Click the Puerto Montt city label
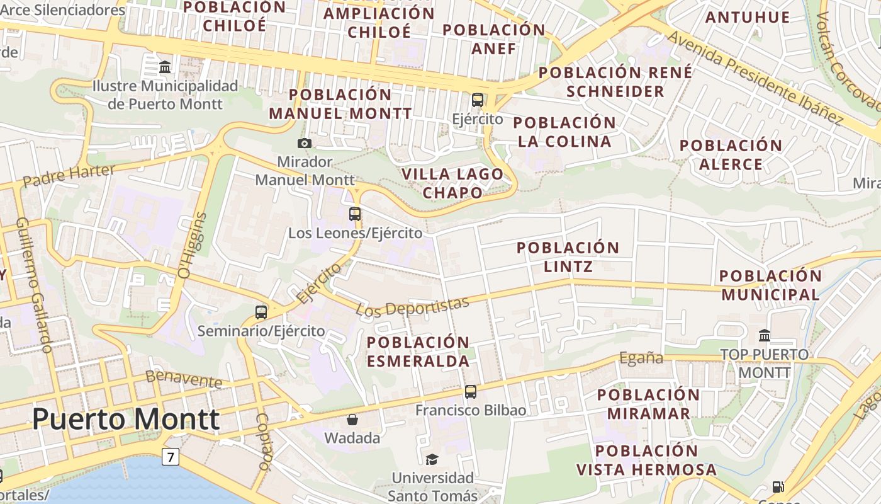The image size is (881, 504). (126, 420)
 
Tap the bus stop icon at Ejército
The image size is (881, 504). (478, 100)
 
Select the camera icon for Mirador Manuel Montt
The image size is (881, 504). (305, 143)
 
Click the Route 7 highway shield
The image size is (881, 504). (170, 456)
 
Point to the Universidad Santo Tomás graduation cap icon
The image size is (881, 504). (432, 459)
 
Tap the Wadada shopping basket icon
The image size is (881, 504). (352, 419)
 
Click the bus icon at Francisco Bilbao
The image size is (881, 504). (471, 392)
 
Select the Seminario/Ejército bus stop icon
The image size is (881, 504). (261, 312)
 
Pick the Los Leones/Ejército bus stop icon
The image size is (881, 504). (355, 214)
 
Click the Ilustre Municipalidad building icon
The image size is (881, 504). (165, 66)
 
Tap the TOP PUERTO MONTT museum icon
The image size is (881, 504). (765, 335)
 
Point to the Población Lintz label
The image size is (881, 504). (568, 256)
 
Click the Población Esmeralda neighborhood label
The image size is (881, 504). (418, 352)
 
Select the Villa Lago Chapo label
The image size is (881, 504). (452, 183)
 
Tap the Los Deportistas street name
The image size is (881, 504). (412, 306)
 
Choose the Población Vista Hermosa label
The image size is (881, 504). (646, 460)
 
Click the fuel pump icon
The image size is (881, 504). (778, 486)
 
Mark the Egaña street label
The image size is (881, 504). (641, 358)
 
